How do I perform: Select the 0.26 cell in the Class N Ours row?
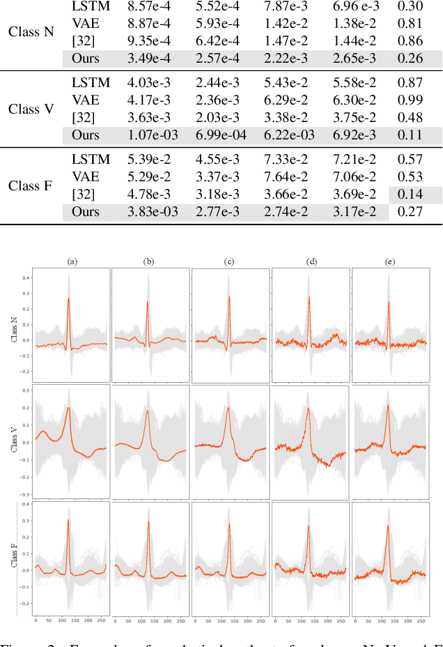pyautogui.click(x=410, y=59)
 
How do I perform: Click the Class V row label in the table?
pyautogui.click(x=31, y=109)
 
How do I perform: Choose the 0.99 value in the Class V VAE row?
pyautogui.click(x=410, y=100)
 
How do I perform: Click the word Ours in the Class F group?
pyautogui.click(x=86, y=211)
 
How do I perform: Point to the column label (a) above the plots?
pyautogui.click(x=72, y=262)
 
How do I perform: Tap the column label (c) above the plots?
pyautogui.click(x=229, y=262)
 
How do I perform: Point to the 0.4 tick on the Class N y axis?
pyautogui.click(x=25, y=277)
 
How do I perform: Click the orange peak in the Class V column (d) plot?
pyautogui.click(x=308, y=409)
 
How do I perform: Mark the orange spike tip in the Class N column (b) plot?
pyautogui.click(x=148, y=302)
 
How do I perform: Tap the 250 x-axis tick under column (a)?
pyautogui.click(x=102, y=619)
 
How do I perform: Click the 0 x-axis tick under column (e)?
pyautogui.click(x=356, y=619)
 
